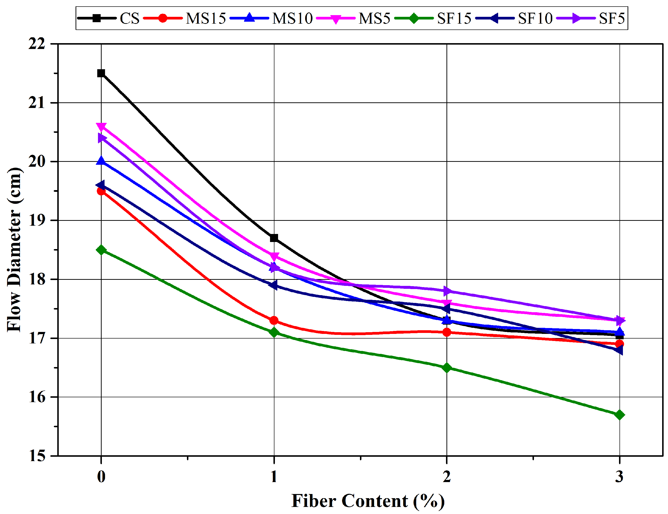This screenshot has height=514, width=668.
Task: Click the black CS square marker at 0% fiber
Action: pyautogui.click(x=101, y=73)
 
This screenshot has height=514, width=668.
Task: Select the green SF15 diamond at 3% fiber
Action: pyautogui.click(x=619, y=415)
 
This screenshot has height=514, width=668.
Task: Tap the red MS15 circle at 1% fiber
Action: pyautogui.click(x=274, y=320)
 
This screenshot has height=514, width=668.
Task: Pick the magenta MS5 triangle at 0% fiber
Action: pyautogui.click(x=101, y=126)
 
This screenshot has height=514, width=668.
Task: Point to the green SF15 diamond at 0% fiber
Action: pyautogui.click(x=101, y=250)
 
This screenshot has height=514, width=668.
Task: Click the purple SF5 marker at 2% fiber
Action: pyautogui.click(x=446, y=291)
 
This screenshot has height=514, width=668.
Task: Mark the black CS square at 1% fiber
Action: pyautogui.click(x=274, y=238)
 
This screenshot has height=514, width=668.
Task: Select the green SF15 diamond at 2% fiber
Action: pyautogui.click(x=446, y=368)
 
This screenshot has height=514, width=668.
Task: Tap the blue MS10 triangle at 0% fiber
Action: pyautogui.click(x=101, y=161)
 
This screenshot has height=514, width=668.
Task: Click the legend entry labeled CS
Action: pyautogui.click(x=129, y=18)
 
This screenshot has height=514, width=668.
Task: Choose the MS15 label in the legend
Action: pyautogui.click(x=205, y=18)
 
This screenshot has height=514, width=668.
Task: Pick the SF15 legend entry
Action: pyautogui.click(x=454, y=18)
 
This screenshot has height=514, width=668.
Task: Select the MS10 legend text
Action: pyautogui.click(x=292, y=18)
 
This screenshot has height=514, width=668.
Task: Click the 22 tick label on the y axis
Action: pyautogui.click(x=37, y=44)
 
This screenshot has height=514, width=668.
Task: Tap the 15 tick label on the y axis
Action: pyautogui.click(x=37, y=456)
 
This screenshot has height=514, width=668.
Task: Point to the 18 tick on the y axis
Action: pyautogui.click(x=37, y=279)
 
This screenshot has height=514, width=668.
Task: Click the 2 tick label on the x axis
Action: pyautogui.click(x=446, y=476)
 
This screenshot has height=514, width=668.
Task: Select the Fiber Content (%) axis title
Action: pyautogui.click(x=368, y=501)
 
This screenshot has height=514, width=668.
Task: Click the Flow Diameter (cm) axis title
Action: pyautogui.click(x=14, y=249)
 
